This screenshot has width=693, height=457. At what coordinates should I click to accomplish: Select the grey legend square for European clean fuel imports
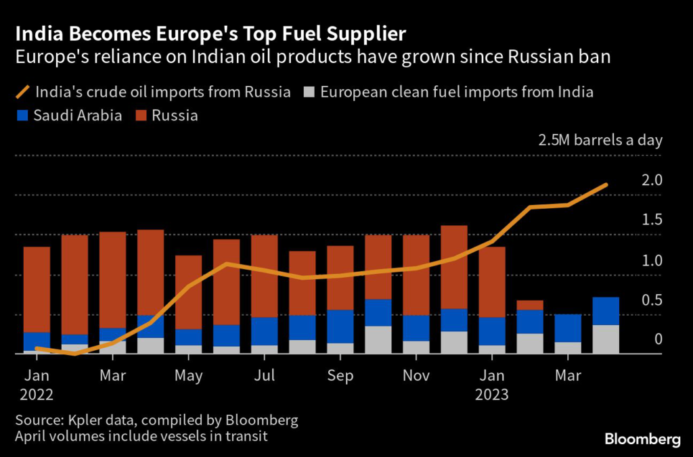click(x=309, y=92)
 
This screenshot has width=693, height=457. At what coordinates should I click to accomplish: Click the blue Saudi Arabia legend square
click(x=22, y=116)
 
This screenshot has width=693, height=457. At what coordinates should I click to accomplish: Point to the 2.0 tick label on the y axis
click(x=652, y=181)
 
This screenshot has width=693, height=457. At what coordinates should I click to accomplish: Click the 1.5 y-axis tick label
click(x=652, y=220)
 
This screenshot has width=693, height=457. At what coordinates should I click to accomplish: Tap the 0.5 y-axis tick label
click(x=652, y=300)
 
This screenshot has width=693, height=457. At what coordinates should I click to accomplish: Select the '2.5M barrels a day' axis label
click(x=600, y=141)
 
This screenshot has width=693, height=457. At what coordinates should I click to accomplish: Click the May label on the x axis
click(x=188, y=376)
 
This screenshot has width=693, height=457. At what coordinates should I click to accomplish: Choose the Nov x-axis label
click(x=416, y=376)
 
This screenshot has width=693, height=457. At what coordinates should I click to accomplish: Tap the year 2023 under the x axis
click(x=491, y=393)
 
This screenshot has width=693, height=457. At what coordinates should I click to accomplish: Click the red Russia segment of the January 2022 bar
click(x=37, y=289)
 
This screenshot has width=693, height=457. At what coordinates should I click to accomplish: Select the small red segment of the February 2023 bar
click(x=529, y=305)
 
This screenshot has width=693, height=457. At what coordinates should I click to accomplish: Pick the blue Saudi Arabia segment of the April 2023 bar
click(x=605, y=311)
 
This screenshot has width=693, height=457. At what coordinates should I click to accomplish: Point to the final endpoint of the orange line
click(x=606, y=185)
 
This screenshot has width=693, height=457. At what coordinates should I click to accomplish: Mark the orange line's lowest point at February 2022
click(x=74, y=354)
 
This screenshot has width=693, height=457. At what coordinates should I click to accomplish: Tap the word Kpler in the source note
click(x=83, y=420)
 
